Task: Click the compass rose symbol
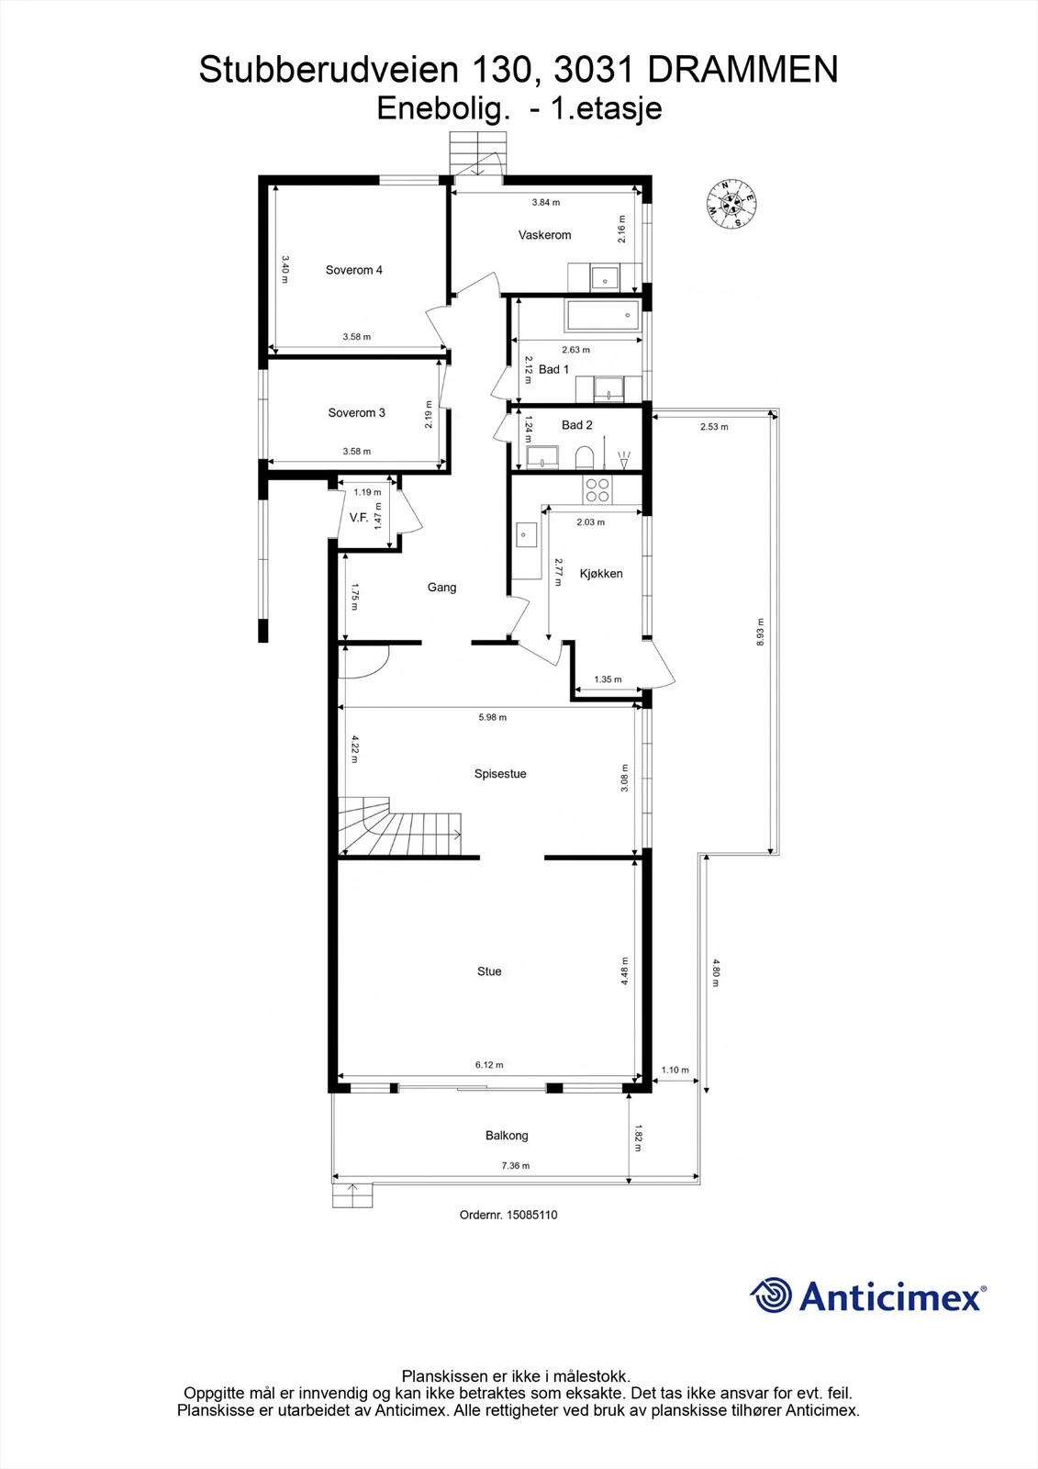(x=731, y=204)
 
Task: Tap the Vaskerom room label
(x=544, y=235)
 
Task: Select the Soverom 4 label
(x=353, y=270)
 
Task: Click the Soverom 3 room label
(x=356, y=412)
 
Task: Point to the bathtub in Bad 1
(x=603, y=316)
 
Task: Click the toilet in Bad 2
(x=584, y=458)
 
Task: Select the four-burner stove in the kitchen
(x=597, y=490)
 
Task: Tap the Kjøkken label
(x=600, y=574)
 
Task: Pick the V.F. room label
(x=359, y=518)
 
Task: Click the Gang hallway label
(x=441, y=587)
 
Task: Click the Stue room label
(x=489, y=971)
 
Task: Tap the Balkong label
(x=507, y=1135)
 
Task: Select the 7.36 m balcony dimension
(x=516, y=1165)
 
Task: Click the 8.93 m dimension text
(x=760, y=633)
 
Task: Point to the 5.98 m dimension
(x=492, y=717)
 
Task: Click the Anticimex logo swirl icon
(x=771, y=1295)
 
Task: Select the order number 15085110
(x=531, y=1215)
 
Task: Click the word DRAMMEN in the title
(x=742, y=70)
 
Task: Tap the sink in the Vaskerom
(x=605, y=277)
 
